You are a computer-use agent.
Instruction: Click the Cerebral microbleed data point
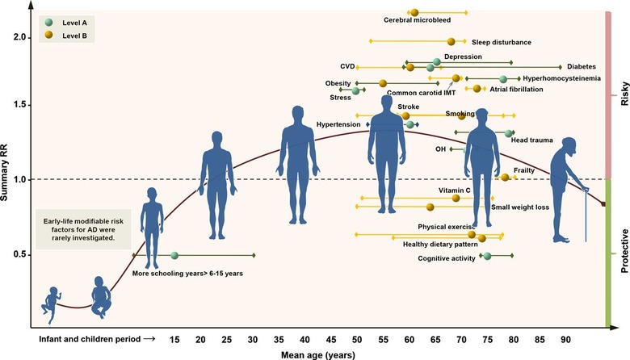coord(414,12)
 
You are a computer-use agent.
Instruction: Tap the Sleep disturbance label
coord(502,41)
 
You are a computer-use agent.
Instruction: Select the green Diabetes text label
coord(581,67)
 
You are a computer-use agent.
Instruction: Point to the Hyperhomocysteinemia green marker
coord(503,78)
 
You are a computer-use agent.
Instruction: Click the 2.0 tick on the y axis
coord(19,37)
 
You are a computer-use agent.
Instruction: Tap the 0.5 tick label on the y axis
coord(19,254)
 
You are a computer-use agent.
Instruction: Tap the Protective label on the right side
coord(624,252)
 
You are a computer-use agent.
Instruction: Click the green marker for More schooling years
coord(174,256)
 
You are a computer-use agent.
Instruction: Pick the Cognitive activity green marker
coord(486,256)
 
